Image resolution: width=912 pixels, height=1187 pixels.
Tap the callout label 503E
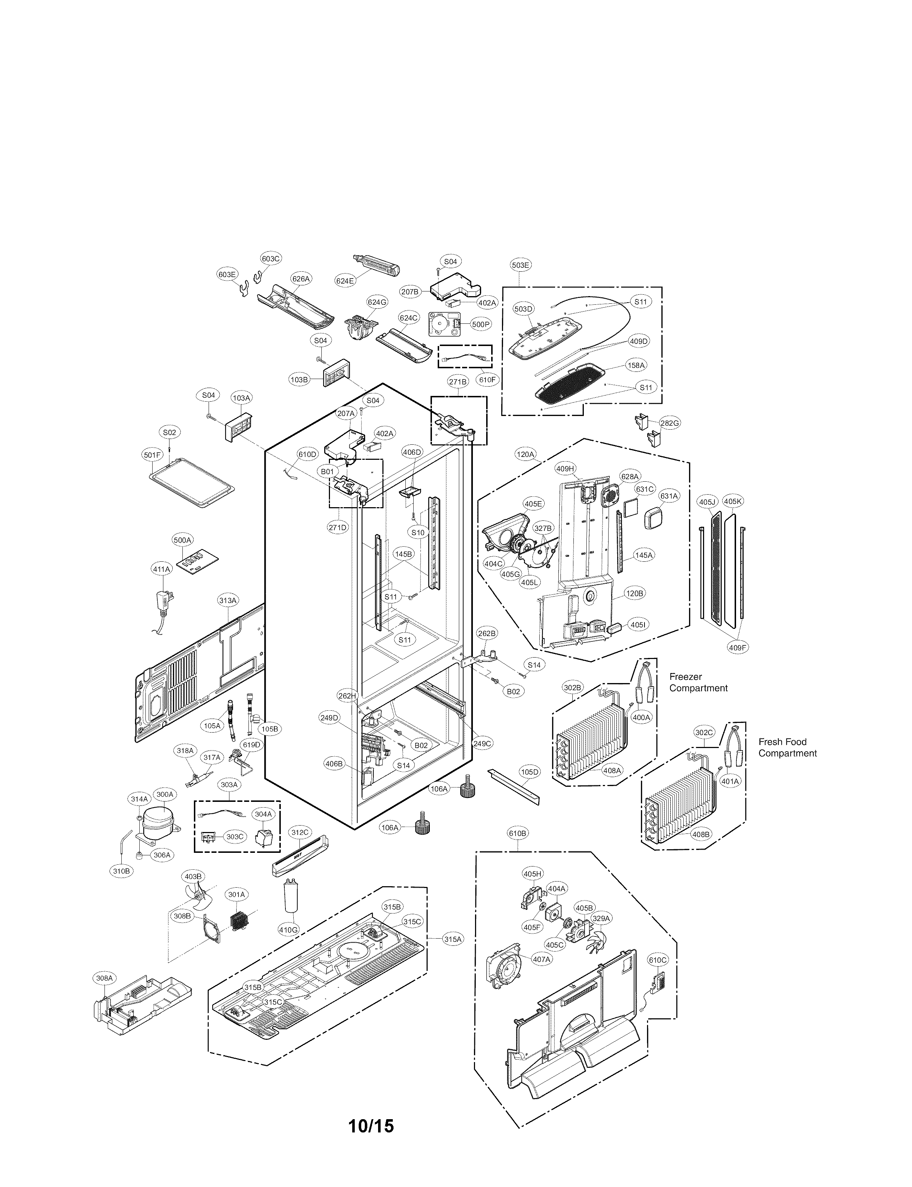520,265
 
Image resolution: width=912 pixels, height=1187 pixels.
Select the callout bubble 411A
161,569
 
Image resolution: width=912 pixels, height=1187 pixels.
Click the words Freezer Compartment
698,682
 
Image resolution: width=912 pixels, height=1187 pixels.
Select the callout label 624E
345,281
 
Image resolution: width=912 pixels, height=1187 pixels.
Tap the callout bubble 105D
529,772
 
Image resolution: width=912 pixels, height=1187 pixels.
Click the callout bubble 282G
669,423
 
